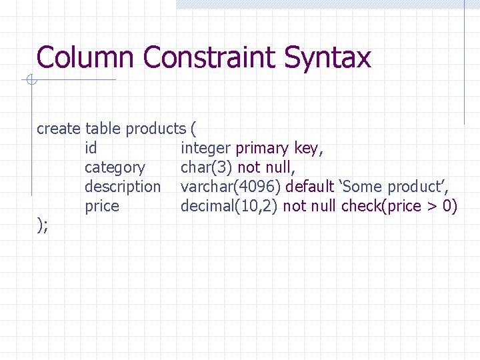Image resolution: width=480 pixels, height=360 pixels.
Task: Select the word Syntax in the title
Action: [x=327, y=57]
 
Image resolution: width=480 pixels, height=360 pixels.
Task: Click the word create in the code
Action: [x=59, y=128]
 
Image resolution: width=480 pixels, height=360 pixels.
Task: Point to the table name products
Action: [x=156, y=128]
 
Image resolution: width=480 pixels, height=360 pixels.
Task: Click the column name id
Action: [x=91, y=147]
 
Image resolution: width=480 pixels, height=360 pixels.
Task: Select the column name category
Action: [x=115, y=167]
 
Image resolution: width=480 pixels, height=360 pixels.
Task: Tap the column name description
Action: [x=123, y=187]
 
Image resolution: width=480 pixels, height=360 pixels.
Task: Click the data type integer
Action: [x=205, y=147]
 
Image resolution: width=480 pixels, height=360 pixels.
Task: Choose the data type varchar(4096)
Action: [x=231, y=187]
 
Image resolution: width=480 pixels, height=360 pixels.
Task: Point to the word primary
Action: [x=263, y=147]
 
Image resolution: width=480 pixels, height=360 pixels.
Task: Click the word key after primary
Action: [x=309, y=148]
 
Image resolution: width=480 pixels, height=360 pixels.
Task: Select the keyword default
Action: [x=309, y=187]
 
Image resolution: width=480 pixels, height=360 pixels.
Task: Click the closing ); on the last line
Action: [x=42, y=226]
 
